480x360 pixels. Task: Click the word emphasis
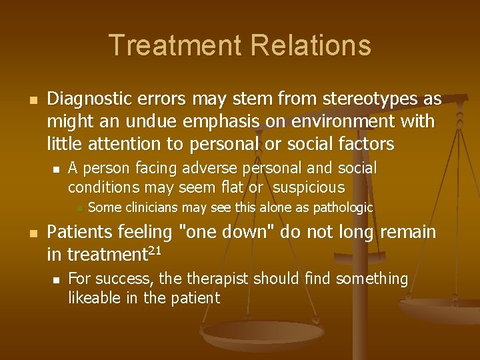tap(216, 122)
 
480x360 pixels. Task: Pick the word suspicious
tap(309, 187)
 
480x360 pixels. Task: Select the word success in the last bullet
tap(115, 279)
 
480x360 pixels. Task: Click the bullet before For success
tap(57, 279)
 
